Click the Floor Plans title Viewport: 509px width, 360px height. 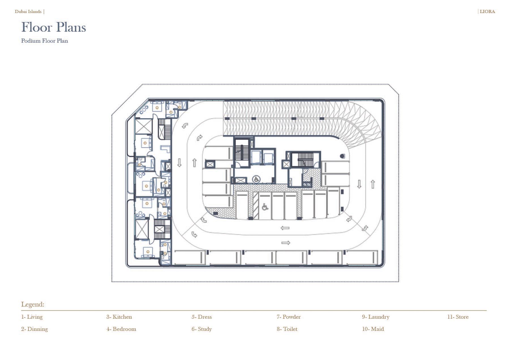click(53, 27)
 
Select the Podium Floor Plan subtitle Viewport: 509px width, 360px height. click(44, 41)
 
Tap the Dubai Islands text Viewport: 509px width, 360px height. click(28, 12)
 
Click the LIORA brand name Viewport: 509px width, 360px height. click(487, 12)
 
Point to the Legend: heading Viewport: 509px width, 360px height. click(33, 304)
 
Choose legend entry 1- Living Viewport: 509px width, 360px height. click(32, 317)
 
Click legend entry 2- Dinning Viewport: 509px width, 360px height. click(34, 329)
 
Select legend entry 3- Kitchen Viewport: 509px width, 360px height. click(119, 317)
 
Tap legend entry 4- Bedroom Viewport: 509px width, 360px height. click(121, 329)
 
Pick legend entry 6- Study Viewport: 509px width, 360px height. click(202, 329)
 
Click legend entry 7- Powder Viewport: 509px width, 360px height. click(289, 317)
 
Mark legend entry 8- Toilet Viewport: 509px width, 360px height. click(287, 329)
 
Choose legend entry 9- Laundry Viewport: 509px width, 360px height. click(376, 317)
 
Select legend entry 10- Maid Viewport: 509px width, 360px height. click(373, 329)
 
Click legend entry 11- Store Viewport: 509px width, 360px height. click(458, 317)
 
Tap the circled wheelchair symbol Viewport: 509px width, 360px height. click(256, 179)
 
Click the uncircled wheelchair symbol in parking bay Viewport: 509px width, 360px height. click(265, 207)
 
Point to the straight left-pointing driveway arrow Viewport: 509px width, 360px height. click(285, 228)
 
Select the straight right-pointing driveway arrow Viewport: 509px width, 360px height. click(286, 243)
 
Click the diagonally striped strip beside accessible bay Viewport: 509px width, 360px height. click(256, 206)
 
